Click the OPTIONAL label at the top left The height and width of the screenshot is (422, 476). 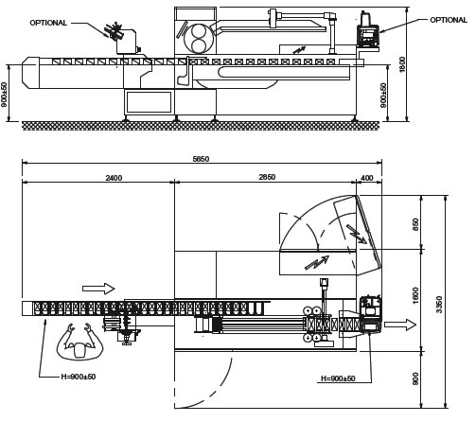48,23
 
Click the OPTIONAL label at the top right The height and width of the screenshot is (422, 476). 449,20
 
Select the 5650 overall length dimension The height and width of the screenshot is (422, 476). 201,159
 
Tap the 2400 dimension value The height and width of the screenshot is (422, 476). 114,178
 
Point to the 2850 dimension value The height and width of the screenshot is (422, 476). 267,177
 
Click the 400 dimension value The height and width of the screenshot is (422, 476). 367,178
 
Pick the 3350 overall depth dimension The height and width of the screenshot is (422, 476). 439,305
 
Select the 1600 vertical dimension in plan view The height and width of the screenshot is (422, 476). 415,295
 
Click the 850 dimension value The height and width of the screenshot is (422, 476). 415,224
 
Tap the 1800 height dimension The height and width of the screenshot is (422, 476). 402,64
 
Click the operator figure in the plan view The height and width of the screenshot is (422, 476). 79,342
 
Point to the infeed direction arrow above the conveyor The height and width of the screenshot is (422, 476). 98,289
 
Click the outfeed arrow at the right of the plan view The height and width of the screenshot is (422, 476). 400,325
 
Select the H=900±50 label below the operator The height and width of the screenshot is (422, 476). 79,377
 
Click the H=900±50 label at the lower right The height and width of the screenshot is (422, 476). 338,378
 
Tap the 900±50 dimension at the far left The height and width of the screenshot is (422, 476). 4,95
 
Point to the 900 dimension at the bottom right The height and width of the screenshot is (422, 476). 415,378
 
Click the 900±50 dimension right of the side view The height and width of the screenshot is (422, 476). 383,96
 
